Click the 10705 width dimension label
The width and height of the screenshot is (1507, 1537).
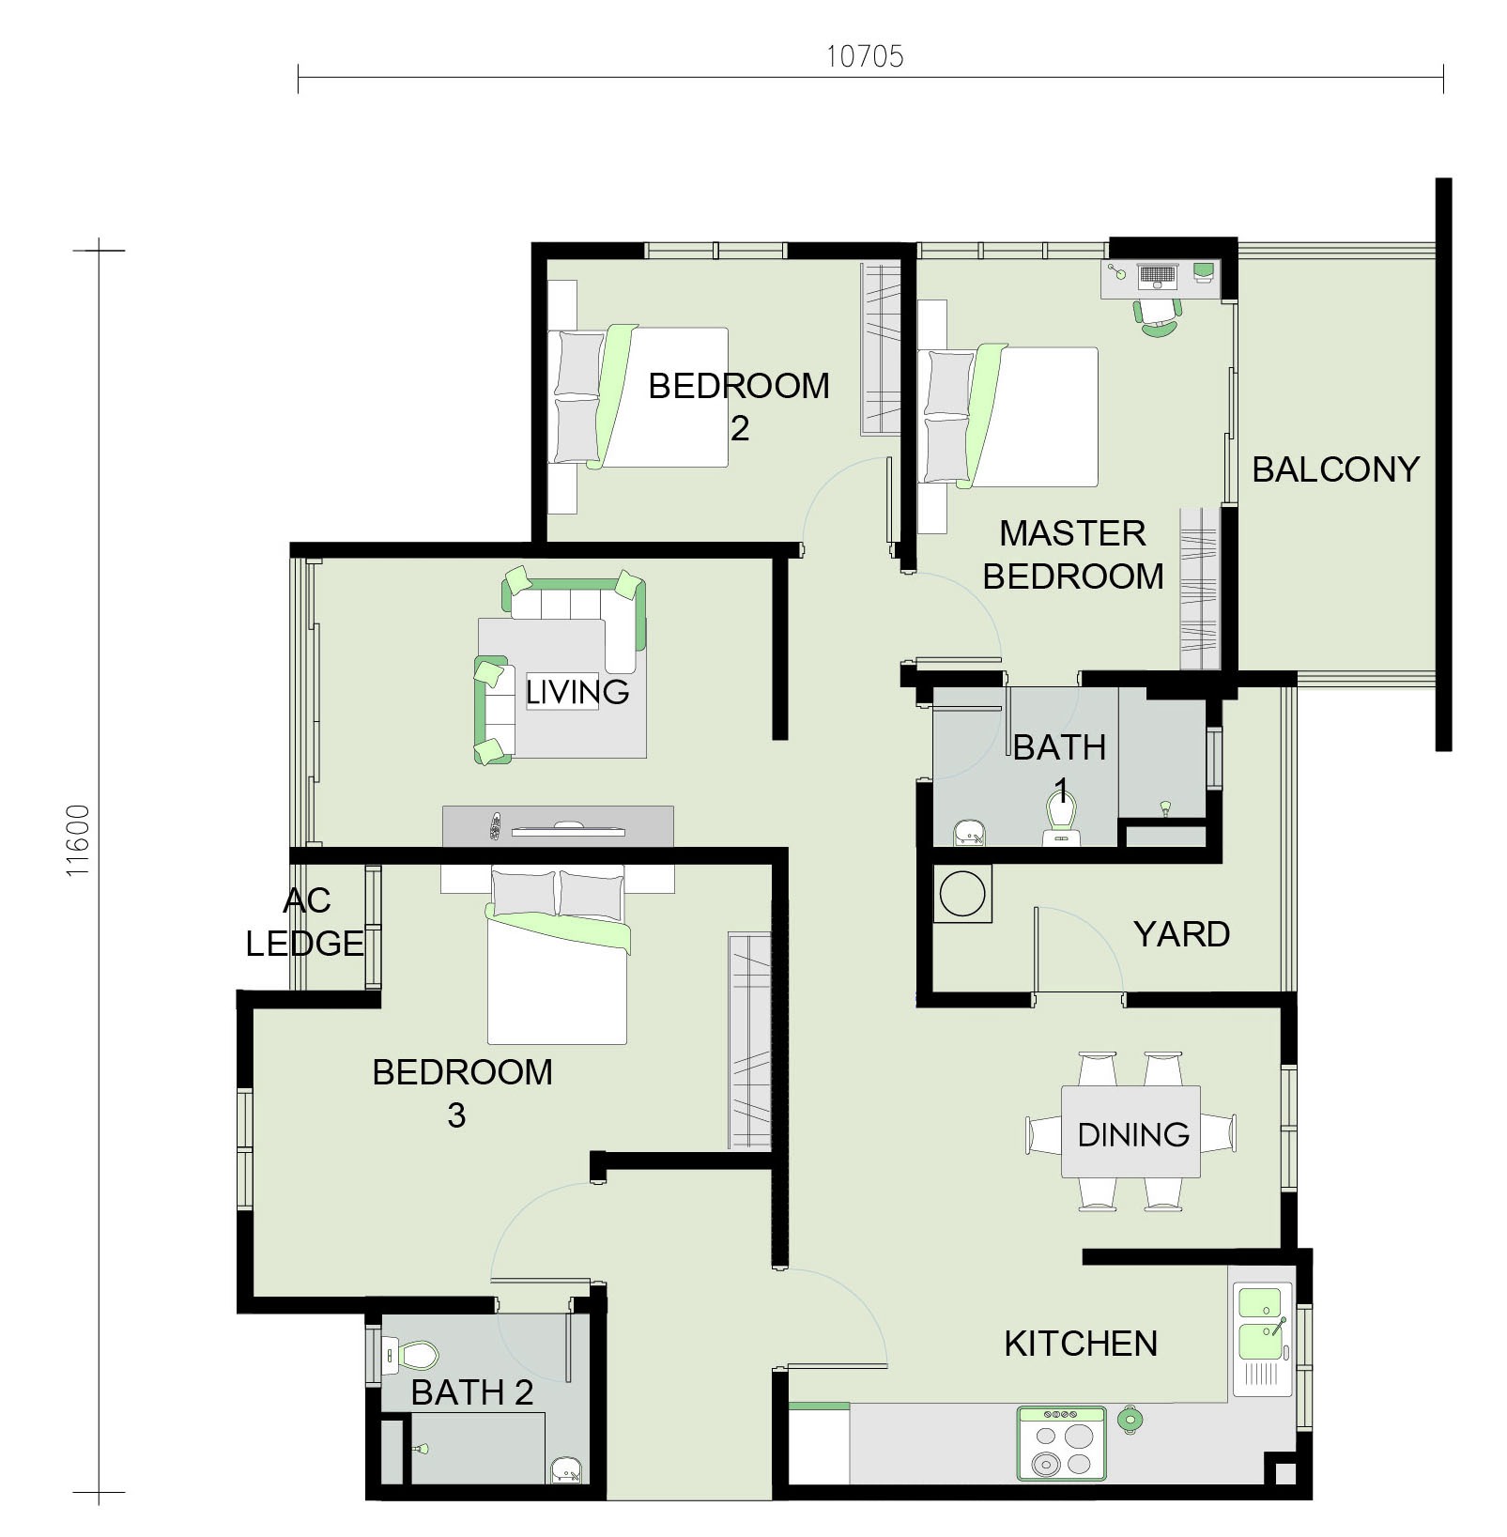[x=865, y=56]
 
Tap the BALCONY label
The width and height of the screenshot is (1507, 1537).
[x=1335, y=469]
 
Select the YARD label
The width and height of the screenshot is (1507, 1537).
[x=1181, y=934]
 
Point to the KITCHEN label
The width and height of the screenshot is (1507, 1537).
[x=1081, y=1344]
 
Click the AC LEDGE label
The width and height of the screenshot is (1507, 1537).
[x=305, y=922]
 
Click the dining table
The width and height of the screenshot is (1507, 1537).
[x=1130, y=1131]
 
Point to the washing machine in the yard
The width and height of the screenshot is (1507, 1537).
[x=962, y=893]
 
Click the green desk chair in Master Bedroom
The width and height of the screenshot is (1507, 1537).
[x=1159, y=319]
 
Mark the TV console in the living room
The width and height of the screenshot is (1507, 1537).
[x=558, y=826]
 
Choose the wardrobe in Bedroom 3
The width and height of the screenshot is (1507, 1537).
[x=749, y=1040]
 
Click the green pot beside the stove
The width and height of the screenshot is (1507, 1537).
[x=1130, y=1420]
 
